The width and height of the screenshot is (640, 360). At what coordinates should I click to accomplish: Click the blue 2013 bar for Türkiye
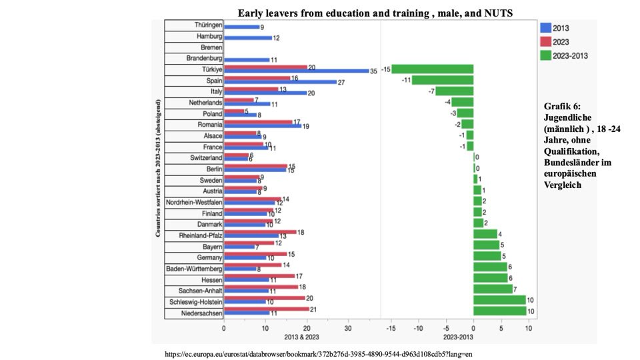click(297, 71)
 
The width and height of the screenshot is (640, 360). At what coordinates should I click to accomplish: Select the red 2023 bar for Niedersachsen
click(267, 309)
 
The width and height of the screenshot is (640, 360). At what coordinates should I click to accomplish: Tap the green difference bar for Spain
click(442, 81)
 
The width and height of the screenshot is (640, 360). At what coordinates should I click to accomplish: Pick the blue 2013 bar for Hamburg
click(247, 38)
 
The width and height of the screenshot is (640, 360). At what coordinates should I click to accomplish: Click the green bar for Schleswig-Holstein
click(499, 300)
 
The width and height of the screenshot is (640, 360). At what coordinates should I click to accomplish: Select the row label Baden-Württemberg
click(194, 268)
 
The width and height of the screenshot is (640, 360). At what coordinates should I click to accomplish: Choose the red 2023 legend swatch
click(544, 42)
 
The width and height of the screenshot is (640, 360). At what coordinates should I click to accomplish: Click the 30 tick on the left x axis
click(347, 328)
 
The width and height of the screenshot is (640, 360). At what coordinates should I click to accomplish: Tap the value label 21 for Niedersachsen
click(314, 308)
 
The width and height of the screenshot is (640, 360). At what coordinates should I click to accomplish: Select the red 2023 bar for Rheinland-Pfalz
click(260, 231)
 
